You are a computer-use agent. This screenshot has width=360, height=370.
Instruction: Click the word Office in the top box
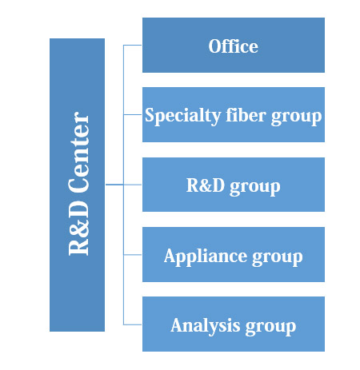[234, 46]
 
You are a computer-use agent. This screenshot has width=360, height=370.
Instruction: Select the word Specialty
[182, 116]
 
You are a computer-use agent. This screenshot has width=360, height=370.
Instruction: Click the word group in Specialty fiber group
[297, 117]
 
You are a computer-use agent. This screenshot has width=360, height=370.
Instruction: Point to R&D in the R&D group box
[206, 185]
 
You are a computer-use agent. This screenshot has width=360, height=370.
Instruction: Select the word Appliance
[206, 257]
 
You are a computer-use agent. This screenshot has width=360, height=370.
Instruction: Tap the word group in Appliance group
[278, 258]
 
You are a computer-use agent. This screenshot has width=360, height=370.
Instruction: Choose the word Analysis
[206, 326]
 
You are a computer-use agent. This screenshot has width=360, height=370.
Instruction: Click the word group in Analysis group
[270, 328]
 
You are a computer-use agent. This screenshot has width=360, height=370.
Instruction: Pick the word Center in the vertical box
[78, 152]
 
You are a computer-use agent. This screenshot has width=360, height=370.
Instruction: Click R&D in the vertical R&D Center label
[78, 228]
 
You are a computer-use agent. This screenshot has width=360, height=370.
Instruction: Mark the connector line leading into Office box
[133, 46]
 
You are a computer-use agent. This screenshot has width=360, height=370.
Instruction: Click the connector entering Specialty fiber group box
[133, 114]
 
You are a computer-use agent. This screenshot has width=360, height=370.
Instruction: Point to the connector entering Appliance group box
[133, 255]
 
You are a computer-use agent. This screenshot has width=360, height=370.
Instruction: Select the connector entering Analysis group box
[133, 324]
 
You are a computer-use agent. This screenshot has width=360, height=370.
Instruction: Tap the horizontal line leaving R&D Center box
[114, 185]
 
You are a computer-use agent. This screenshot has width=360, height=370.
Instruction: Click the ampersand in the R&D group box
[205, 185]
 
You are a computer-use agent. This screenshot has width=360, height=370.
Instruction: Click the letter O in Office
[215, 46]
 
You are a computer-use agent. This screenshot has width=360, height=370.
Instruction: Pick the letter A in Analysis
[178, 325]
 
